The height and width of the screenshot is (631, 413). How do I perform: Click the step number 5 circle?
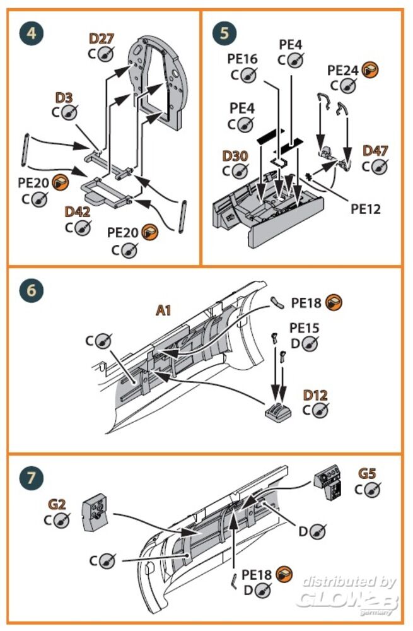(221, 33)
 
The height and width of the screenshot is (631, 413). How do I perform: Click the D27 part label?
(101, 39)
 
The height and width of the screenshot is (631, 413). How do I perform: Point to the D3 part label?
(64, 98)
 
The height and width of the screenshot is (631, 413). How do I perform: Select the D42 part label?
(77, 212)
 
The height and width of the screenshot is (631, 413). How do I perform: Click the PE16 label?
(243, 59)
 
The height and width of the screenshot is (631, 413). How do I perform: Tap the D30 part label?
(235, 155)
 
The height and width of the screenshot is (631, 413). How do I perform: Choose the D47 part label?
(375, 151)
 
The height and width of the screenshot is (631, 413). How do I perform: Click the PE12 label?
(366, 208)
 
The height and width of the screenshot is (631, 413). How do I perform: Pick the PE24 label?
(343, 69)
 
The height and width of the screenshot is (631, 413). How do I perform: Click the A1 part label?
(165, 310)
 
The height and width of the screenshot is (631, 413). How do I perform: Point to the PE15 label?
(305, 329)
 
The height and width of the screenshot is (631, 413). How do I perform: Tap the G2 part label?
(57, 504)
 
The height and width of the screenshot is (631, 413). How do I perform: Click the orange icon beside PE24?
(371, 69)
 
